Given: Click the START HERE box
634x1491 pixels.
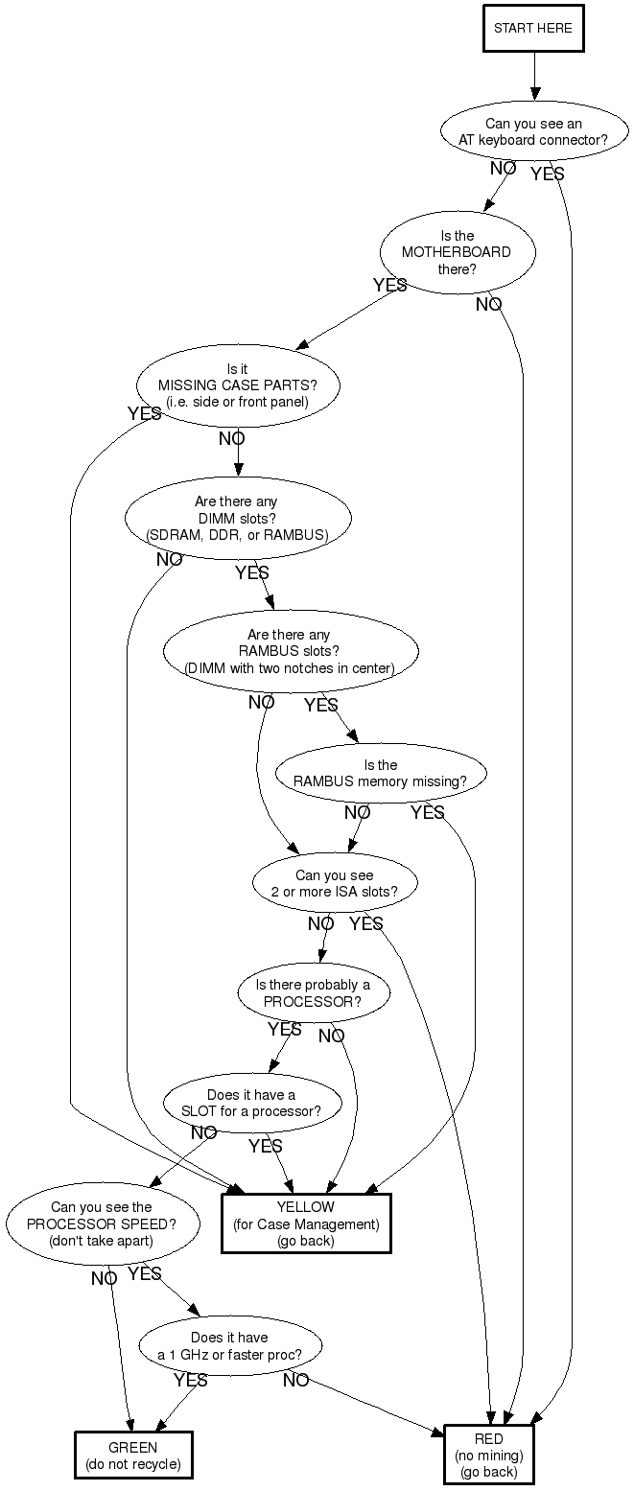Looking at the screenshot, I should tap(532, 29).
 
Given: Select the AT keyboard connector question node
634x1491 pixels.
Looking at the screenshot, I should tap(532, 131).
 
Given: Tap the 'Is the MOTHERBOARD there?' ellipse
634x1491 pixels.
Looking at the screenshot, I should tap(457, 252).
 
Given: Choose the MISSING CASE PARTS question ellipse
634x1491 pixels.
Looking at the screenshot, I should tap(238, 385).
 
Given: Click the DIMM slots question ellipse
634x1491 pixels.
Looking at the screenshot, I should tap(238, 518).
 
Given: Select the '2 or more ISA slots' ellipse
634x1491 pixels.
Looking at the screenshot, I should tap(335, 883).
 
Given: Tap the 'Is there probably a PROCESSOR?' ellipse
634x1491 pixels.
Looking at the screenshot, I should tap(314, 993).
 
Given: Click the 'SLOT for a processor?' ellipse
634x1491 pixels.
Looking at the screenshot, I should tap(252, 1104).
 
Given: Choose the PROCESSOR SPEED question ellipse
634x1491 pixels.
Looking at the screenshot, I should tap(103, 1223).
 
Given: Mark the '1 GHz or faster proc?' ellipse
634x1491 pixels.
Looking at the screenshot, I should tap(230, 1345).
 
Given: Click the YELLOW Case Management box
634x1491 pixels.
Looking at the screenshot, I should tap(306, 1223).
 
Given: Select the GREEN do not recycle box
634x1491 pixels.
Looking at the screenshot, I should tap(133, 1456).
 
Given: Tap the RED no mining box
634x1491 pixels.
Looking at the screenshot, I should tap(488, 1456).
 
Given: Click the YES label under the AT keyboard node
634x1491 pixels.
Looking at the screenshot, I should tap(548, 175).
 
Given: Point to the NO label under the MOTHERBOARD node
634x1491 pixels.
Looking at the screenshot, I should tap(488, 305).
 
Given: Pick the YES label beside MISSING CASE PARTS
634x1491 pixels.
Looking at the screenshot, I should tap(145, 414).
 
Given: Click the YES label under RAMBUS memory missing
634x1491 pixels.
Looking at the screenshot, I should tap(428, 813).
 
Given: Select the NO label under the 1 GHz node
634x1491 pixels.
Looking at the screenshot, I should tap(295, 1381).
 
